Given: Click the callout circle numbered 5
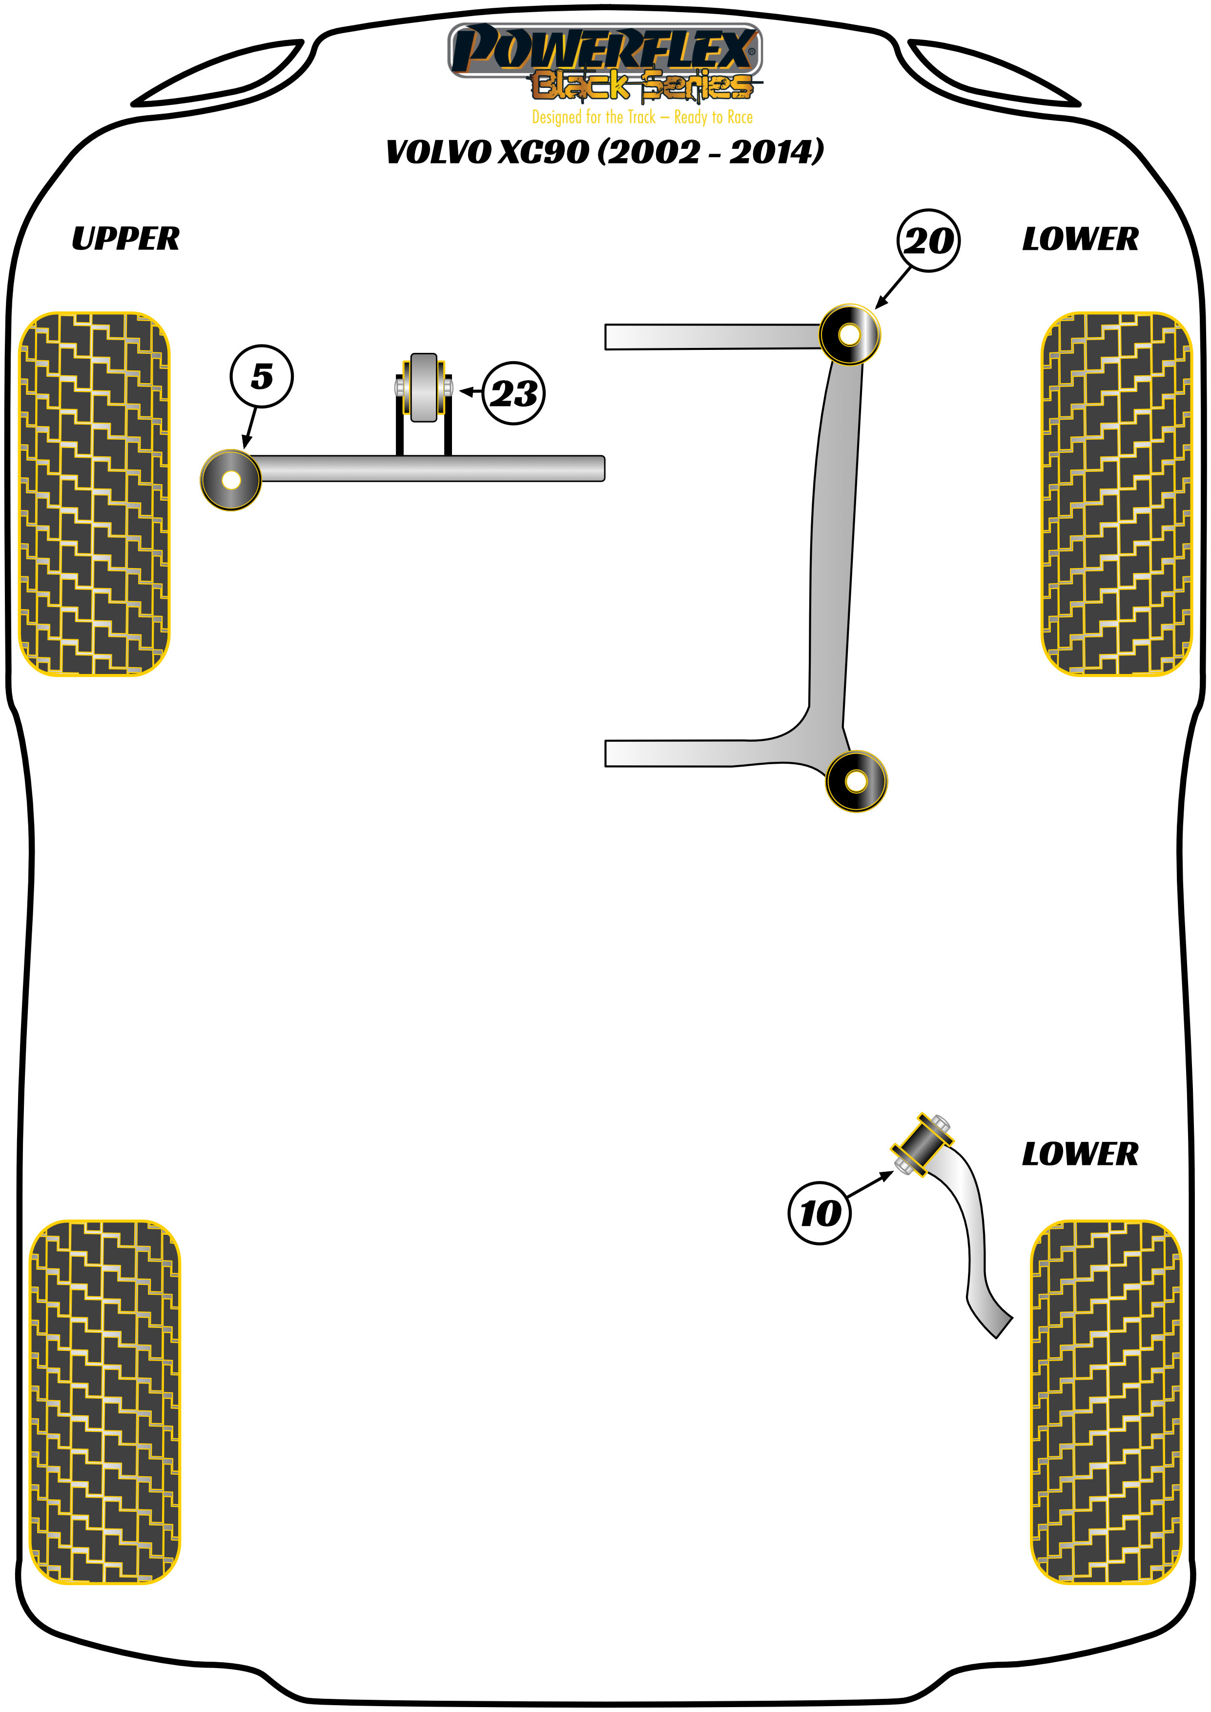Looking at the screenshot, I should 261,377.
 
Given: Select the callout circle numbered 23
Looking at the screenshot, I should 514,394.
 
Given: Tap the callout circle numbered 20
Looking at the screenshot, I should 928,240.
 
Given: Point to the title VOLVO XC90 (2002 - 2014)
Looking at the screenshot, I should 605,151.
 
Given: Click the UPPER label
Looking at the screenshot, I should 125,239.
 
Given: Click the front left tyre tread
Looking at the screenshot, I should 94,493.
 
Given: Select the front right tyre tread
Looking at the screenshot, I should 1116,493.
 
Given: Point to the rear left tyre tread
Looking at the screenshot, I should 104,1402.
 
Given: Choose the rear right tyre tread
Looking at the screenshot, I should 1106,1402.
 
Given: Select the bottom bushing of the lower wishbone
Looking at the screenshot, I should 857,781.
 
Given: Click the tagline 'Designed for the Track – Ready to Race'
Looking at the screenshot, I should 642,117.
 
